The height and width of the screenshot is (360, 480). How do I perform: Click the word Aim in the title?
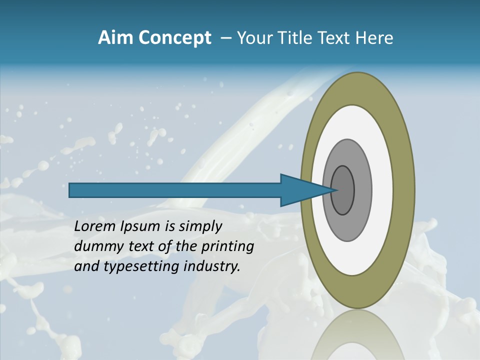click(115, 38)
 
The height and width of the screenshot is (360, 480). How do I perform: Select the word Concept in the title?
click(174, 38)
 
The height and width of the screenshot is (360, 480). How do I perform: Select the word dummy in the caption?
click(95, 246)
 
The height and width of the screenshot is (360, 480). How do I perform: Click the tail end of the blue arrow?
click(70, 190)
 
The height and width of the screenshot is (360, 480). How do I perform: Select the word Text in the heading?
click(336, 38)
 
